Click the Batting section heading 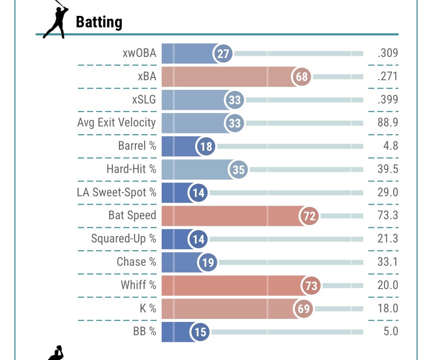coord(99,22)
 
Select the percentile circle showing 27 coord(223,54)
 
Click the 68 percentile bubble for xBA coord(302,77)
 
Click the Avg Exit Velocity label coord(117,123)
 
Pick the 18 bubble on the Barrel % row coord(206,146)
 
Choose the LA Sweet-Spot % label coord(117,192)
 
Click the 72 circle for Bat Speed coord(309,216)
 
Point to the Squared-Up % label coord(124,239)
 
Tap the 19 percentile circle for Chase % coord(208,262)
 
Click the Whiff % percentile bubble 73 coord(311,286)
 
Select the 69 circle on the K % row coord(303,309)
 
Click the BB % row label coord(145,331)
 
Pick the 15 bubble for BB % coord(200,332)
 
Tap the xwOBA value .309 coord(388,53)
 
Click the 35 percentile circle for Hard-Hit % coord(239,170)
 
